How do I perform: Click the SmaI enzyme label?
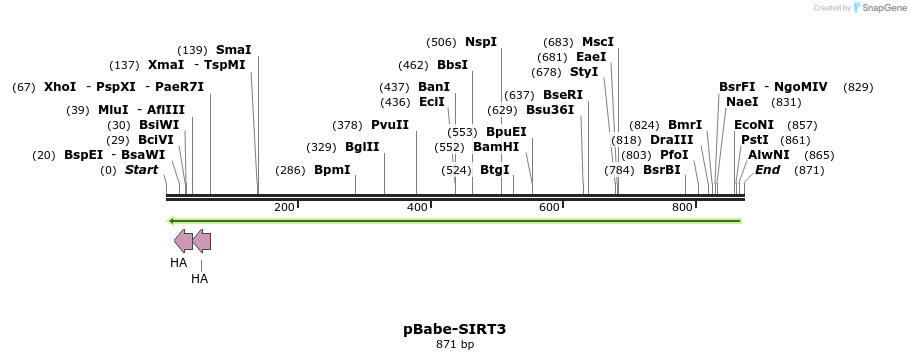tap(233, 49)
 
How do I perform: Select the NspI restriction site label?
tap(480, 42)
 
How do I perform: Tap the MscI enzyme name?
tap(597, 42)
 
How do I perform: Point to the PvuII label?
tap(389, 125)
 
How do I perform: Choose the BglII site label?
tap(362, 146)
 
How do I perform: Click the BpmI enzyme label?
tap(332, 170)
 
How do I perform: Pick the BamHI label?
tap(496, 146)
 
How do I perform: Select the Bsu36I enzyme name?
tap(550, 109)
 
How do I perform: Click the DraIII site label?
tap(671, 140)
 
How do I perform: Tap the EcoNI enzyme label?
tap(753, 125)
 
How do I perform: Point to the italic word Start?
tap(141, 170)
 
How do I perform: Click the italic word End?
tap(767, 170)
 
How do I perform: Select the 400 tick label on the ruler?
tap(416, 207)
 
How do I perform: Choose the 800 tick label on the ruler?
tap(681, 207)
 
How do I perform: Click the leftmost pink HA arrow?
tap(183, 240)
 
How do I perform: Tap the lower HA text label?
tap(199, 279)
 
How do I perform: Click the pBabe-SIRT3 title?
tap(455, 328)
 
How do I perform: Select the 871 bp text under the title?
tap(455, 344)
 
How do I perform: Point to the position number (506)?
tap(441, 42)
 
